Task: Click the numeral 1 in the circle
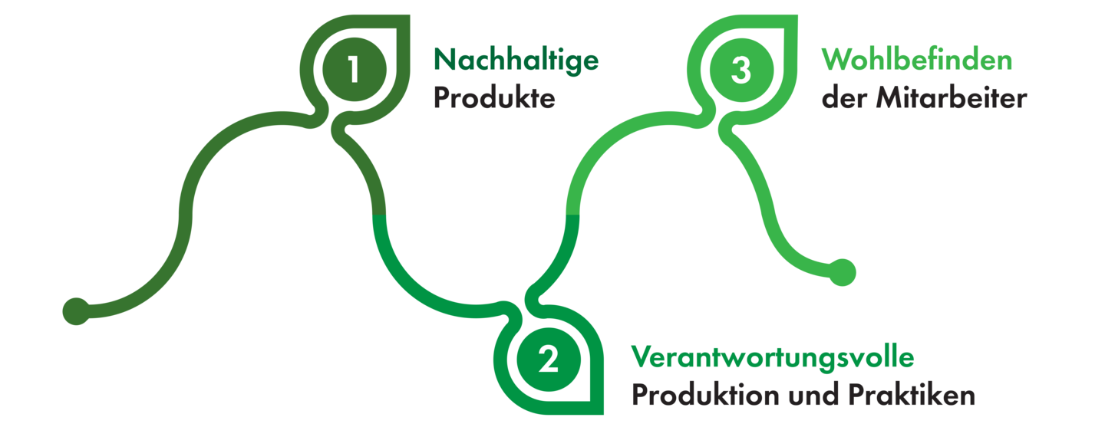pos(352,70)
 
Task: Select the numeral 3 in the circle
pos(741,70)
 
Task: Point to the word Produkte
pos(493,99)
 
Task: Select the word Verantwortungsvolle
pos(773,357)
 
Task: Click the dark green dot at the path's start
pos(75,310)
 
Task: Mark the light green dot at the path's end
pos(842,272)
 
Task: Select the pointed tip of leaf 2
pos(602,414)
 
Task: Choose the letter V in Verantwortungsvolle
pos(641,357)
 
